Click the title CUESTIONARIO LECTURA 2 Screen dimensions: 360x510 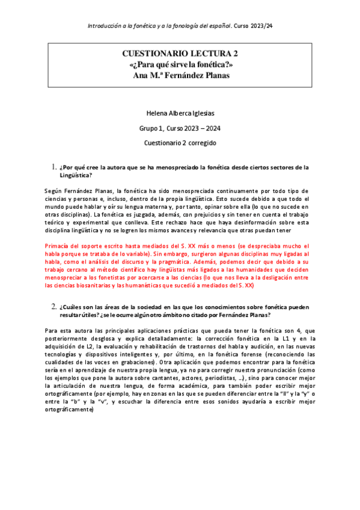(x=180, y=54)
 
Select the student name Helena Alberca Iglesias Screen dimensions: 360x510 (x=180, y=113)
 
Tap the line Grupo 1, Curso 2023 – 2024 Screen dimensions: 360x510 (x=180, y=128)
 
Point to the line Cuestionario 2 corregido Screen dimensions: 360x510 (x=180, y=143)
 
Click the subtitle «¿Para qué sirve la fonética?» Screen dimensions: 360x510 (x=180, y=64)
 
